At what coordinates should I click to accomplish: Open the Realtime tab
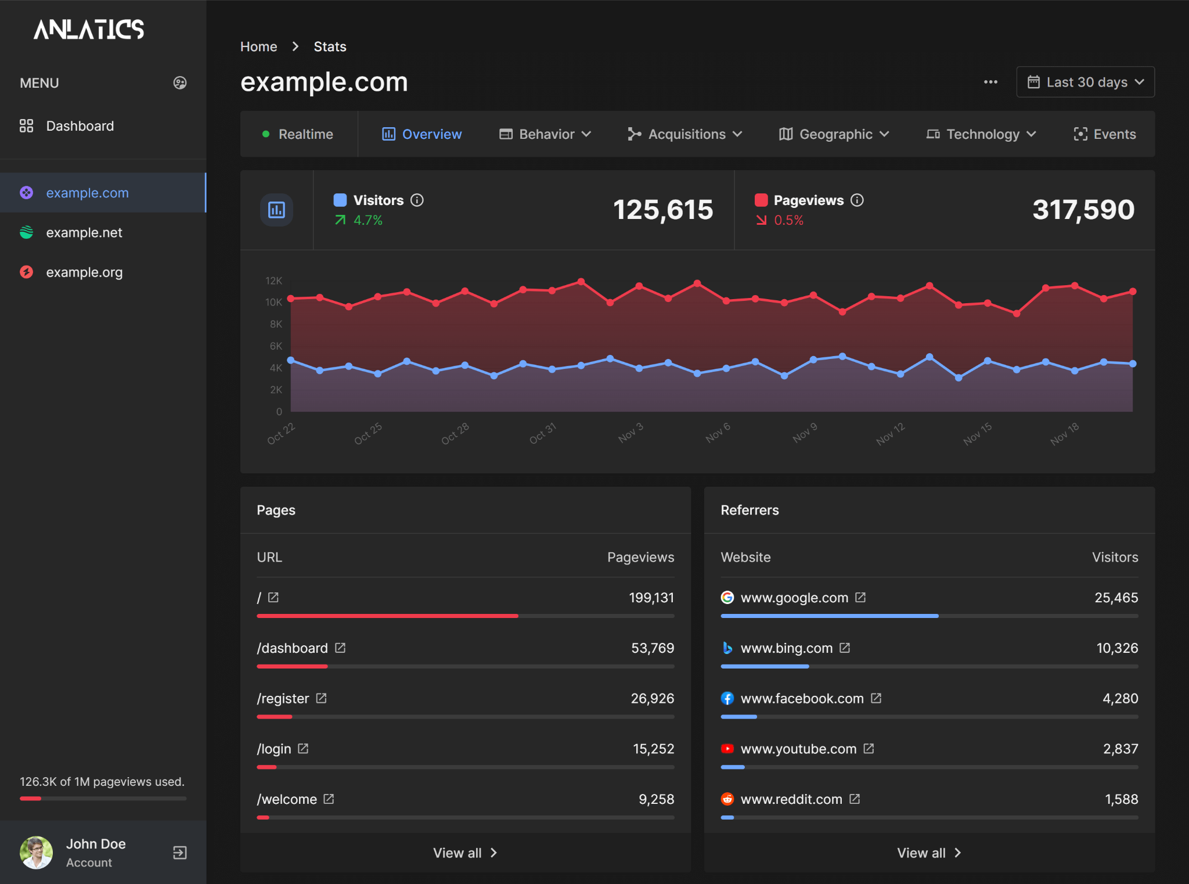click(298, 134)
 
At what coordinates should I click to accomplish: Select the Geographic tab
click(834, 134)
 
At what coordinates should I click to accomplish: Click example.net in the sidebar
click(84, 232)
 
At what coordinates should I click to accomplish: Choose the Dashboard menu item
click(80, 126)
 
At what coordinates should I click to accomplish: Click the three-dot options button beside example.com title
click(990, 82)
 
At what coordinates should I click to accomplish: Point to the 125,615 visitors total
click(662, 210)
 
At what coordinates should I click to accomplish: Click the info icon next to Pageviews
click(857, 200)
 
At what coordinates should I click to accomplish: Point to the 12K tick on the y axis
click(273, 281)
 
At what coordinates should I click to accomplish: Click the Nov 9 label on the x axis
click(805, 433)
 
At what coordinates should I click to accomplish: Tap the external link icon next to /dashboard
click(340, 648)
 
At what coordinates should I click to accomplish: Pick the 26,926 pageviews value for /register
click(652, 698)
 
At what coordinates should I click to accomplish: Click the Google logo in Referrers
click(727, 597)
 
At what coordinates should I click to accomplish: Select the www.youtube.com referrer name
click(798, 749)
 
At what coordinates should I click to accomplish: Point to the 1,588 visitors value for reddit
click(1121, 799)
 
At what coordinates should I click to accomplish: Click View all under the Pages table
click(465, 853)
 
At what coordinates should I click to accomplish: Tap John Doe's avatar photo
click(36, 852)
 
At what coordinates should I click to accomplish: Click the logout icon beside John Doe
click(179, 852)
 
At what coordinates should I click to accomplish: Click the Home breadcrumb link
click(258, 46)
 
